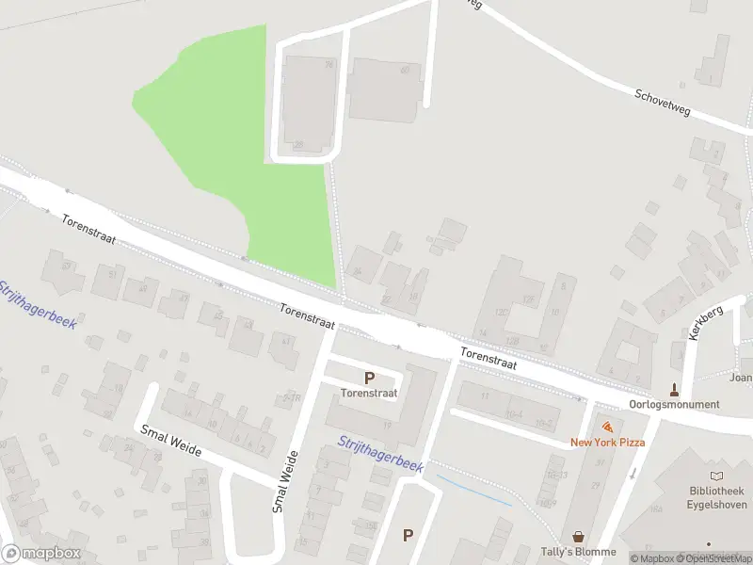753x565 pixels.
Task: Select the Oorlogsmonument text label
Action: click(676, 405)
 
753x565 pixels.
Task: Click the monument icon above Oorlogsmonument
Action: click(674, 388)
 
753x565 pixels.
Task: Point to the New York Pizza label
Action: click(607, 443)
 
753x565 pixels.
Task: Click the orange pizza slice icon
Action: click(607, 427)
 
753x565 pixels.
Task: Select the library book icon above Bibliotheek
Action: click(717, 476)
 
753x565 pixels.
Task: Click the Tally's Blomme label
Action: click(578, 552)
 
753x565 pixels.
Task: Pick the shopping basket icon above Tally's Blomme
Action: click(578, 535)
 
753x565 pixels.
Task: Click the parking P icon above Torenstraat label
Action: click(369, 378)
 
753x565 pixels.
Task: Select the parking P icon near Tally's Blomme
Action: click(408, 535)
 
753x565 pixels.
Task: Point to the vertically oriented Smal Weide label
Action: click(286, 481)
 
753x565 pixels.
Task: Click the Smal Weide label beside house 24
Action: click(171, 441)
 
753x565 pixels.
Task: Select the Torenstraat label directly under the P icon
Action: click(369, 393)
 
